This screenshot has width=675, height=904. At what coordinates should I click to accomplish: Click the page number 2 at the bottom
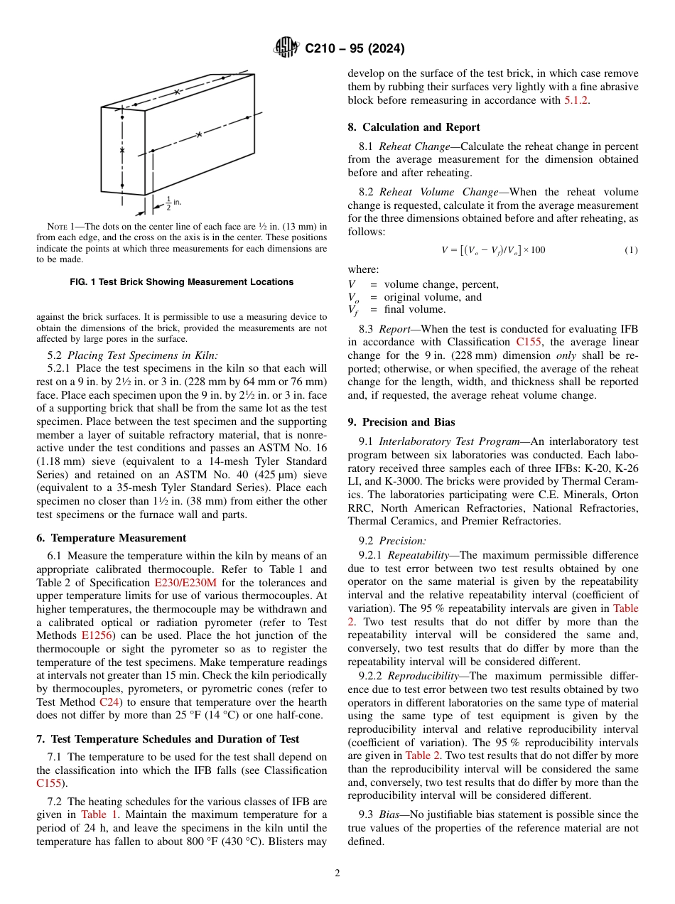click(x=337, y=873)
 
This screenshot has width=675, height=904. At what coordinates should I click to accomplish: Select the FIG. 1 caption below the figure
click(x=181, y=282)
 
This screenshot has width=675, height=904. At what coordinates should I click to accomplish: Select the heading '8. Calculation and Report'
click(x=414, y=127)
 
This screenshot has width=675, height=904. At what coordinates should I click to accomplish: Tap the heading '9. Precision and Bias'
click(x=401, y=421)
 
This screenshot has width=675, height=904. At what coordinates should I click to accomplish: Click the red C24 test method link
click(x=109, y=702)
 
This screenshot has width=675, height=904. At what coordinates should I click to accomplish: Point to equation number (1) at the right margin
click(x=631, y=250)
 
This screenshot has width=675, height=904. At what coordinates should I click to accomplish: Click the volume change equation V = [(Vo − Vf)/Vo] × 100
click(x=493, y=250)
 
